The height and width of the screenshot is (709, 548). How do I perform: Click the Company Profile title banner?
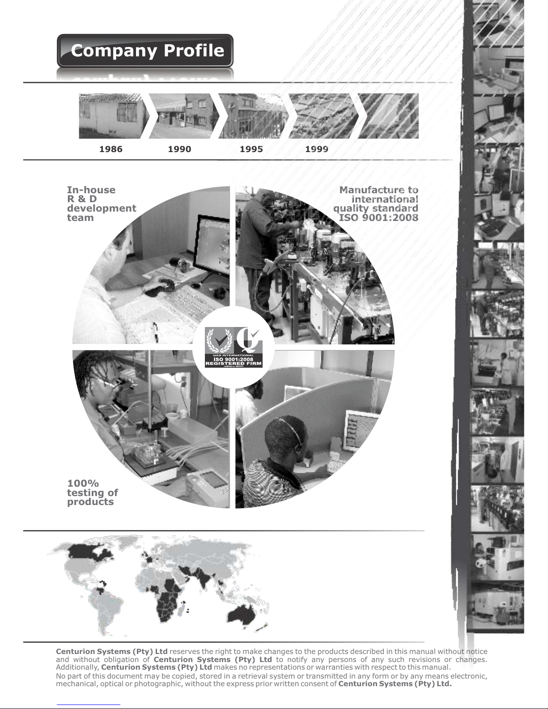(145, 51)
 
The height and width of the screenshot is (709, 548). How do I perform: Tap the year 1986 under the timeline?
(111, 149)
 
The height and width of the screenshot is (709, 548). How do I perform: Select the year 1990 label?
(179, 149)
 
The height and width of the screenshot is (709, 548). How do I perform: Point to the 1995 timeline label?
(251, 149)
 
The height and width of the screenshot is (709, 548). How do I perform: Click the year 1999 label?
(317, 149)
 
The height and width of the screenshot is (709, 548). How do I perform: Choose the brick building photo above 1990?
(184, 116)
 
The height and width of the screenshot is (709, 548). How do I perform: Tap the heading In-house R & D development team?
(102, 204)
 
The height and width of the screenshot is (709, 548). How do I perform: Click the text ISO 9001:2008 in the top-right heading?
(378, 217)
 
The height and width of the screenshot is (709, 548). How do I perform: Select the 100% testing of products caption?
(92, 492)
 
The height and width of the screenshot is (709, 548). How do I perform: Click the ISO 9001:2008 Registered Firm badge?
(234, 348)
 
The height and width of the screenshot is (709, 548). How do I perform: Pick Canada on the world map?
(89, 552)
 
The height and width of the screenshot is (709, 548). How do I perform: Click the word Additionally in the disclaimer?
(78, 667)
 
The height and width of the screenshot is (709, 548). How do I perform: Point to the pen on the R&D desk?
(156, 331)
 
